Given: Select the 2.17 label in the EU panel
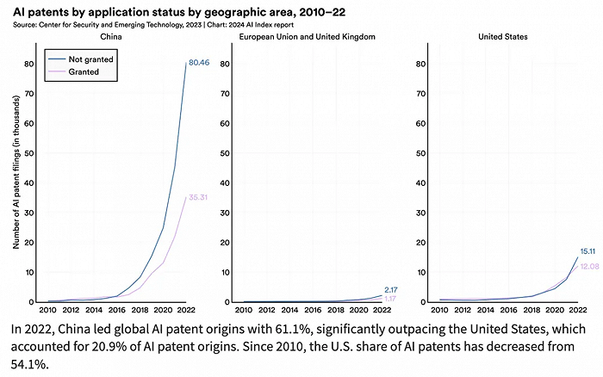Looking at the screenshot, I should [389, 289].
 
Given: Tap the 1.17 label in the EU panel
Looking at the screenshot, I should [389, 299].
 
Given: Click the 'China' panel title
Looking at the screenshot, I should [112, 37].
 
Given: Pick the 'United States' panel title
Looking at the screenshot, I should [504, 37].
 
